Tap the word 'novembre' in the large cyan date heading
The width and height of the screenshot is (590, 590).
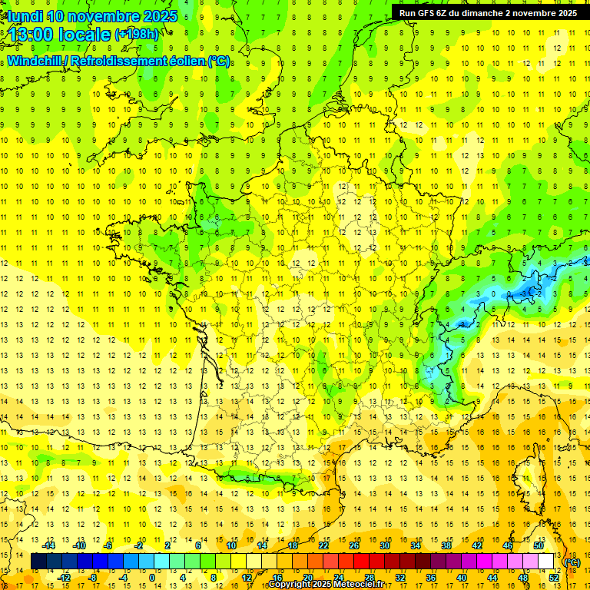[100, 15]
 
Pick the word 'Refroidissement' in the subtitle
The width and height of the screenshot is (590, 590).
[124, 61]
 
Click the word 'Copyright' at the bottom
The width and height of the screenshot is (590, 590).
[290, 585]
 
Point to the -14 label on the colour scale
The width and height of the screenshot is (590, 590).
[50, 545]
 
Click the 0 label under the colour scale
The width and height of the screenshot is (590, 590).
[152, 578]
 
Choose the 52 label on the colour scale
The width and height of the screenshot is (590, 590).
[554, 578]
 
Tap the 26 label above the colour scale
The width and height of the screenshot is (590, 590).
[354, 545]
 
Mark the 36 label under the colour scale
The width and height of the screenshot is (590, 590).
[431, 578]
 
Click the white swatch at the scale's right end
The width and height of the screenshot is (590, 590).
[546, 562]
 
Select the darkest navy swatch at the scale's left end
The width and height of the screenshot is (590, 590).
[38, 562]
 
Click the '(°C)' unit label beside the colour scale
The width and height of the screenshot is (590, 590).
[572, 562]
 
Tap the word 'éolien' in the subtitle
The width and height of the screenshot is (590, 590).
[187, 61]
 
